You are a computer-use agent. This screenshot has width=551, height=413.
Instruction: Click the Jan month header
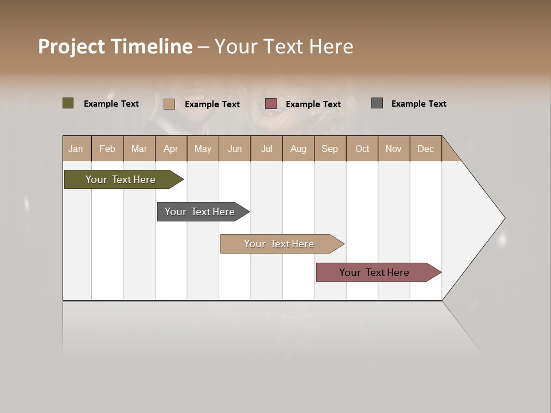[76, 149]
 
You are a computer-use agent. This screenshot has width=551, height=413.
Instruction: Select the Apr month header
[170, 149]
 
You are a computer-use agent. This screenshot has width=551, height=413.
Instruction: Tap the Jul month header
[266, 149]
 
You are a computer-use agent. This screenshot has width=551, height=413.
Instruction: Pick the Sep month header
[329, 149]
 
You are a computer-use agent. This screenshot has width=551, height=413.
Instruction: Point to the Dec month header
[425, 149]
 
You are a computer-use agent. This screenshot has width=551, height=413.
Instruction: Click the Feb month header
[107, 149]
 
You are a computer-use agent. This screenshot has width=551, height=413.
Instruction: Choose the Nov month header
[393, 149]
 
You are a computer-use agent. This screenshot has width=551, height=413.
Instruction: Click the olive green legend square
[68, 103]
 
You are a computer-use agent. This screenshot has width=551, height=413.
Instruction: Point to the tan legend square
[169, 104]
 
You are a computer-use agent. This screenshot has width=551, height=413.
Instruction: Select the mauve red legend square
[271, 103]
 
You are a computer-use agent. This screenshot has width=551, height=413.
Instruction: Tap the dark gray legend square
[377, 103]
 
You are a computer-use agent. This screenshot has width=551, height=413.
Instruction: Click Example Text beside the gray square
[418, 104]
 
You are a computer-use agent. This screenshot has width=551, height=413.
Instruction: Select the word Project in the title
[72, 47]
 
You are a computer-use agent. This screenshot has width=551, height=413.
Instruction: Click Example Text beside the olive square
[111, 104]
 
